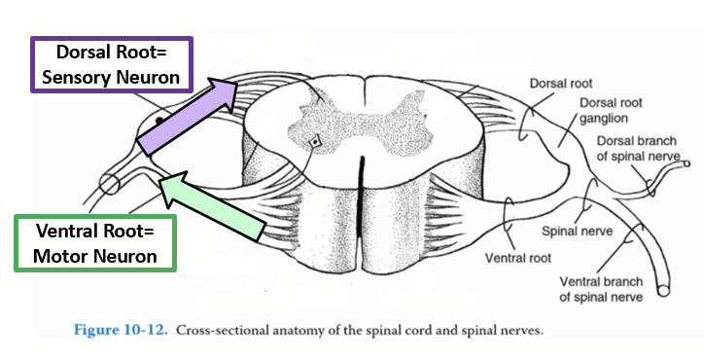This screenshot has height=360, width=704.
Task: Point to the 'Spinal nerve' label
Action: [x=569, y=234]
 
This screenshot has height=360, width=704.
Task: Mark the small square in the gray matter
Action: [x=314, y=143]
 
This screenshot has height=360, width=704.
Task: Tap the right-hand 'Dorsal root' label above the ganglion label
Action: [x=561, y=84]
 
